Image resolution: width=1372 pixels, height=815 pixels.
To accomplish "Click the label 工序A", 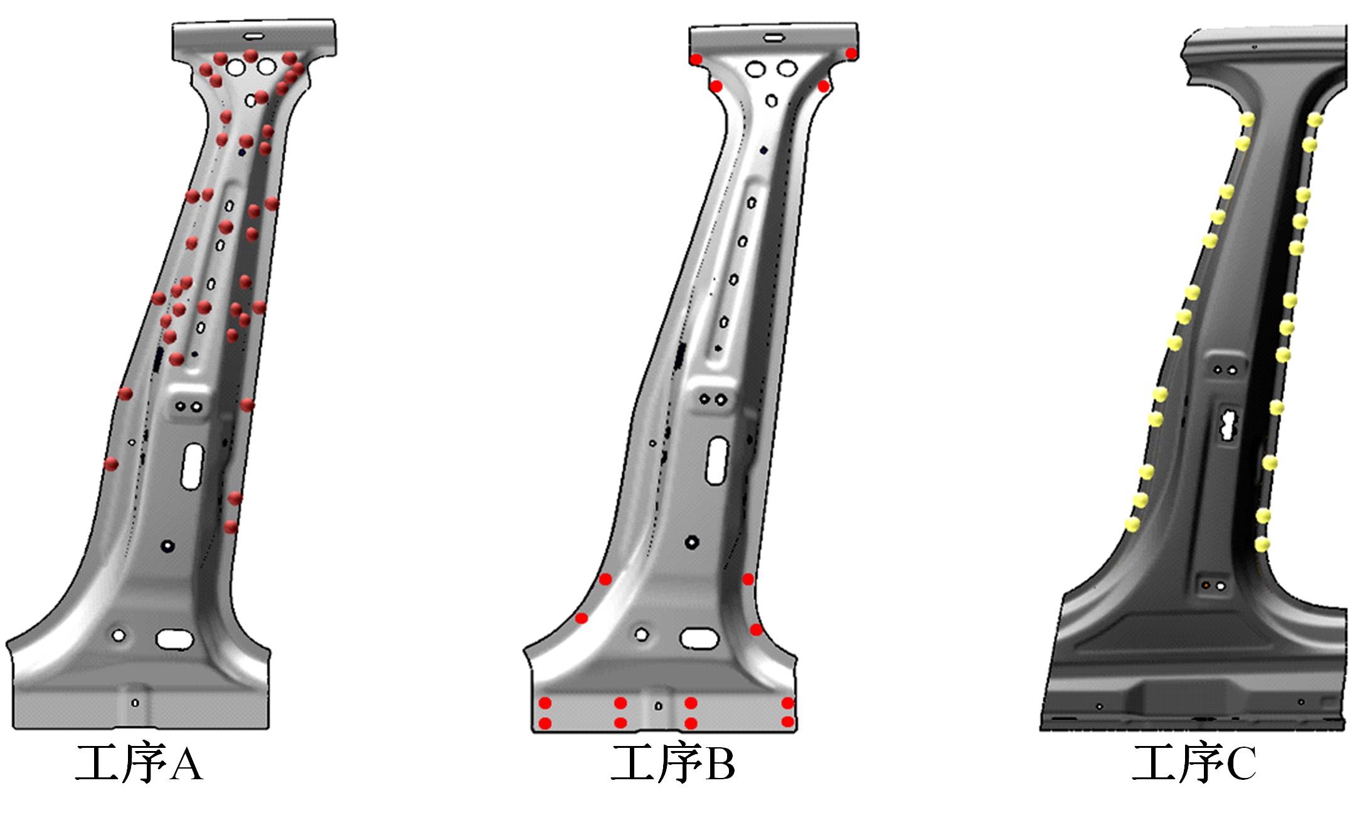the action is (139, 762).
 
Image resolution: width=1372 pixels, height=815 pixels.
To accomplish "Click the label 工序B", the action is (673, 762).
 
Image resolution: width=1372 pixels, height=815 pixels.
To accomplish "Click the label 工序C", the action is (1194, 762).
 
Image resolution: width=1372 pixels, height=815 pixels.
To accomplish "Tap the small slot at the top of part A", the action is (255, 37).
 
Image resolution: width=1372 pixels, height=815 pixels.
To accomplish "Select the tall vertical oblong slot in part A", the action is (193, 466).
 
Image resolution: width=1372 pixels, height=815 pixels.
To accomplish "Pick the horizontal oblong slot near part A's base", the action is (174, 639).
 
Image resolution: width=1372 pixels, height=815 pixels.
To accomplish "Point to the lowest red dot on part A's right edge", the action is (231, 526).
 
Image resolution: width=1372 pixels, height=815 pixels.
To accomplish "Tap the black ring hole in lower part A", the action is (168, 546).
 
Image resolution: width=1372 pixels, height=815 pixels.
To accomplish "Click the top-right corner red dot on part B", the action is (851, 53).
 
